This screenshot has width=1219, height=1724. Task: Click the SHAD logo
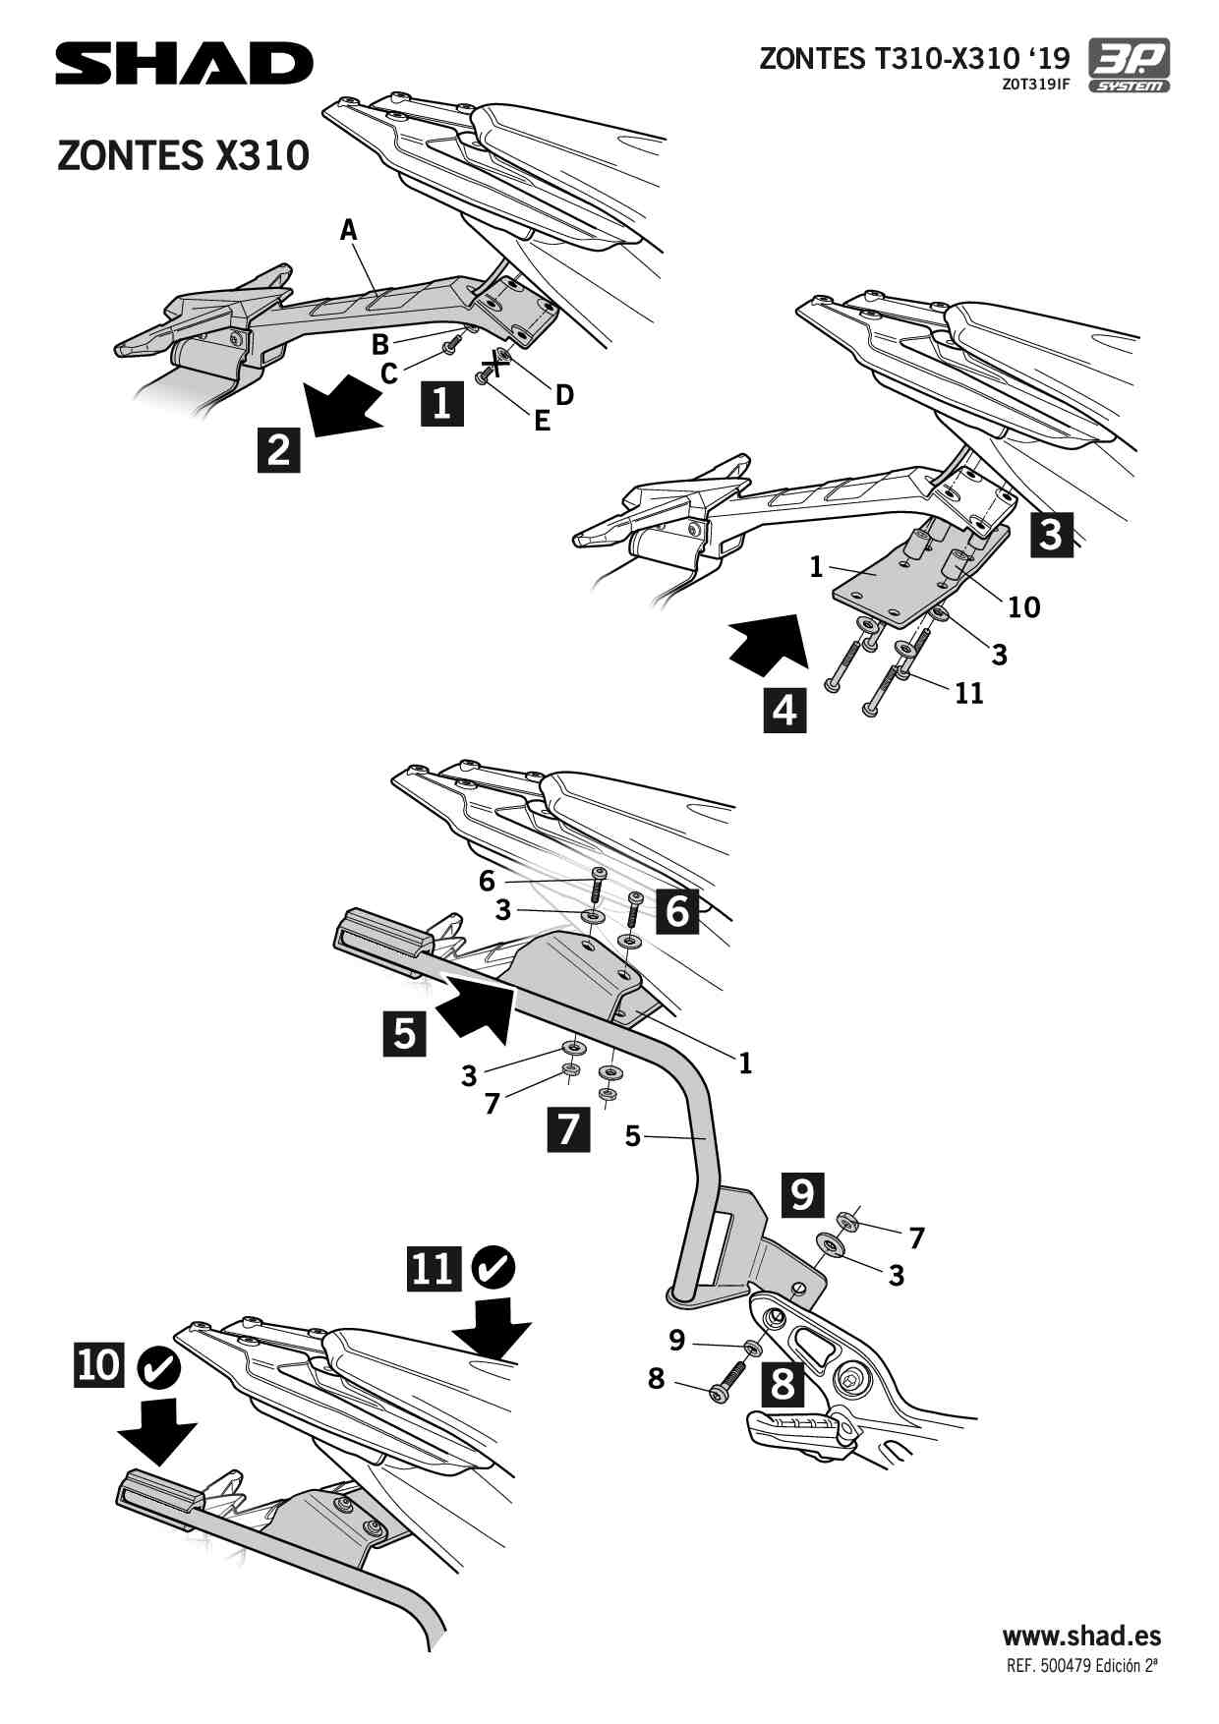[x=184, y=64]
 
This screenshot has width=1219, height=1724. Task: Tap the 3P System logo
[x=1130, y=65]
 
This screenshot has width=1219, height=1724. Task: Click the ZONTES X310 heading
[x=184, y=155]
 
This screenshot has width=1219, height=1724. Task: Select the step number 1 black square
[x=442, y=402]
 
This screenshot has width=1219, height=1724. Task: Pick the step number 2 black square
[x=279, y=449]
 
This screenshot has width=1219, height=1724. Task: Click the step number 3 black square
[x=1051, y=534]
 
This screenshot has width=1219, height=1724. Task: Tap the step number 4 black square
[x=784, y=710]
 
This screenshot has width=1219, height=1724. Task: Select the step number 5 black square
[x=405, y=1034]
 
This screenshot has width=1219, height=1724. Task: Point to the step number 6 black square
[x=677, y=911]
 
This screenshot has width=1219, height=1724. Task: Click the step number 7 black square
[x=568, y=1128]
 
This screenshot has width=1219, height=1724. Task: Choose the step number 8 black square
[x=783, y=1384]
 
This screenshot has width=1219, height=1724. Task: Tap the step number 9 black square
[x=802, y=1194]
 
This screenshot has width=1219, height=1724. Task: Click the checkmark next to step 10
[x=157, y=1366]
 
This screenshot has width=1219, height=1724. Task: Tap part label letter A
[x=348, y=230]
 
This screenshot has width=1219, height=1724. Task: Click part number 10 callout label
[x=1023, y=607]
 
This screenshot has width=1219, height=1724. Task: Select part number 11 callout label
[x=969, y=693]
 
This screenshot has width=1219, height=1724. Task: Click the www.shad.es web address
[x=1081, y=1636]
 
